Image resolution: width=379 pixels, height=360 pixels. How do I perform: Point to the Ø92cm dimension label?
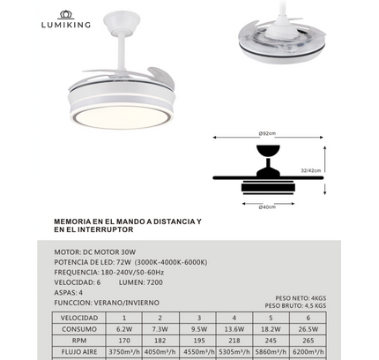pyautogui.click(x=267, y=134)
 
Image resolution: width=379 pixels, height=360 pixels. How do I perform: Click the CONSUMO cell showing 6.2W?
pyautogui.click(x=124, y=328)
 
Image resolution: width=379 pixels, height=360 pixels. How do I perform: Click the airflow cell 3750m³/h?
pyautogui.click(x=124, y=351)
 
